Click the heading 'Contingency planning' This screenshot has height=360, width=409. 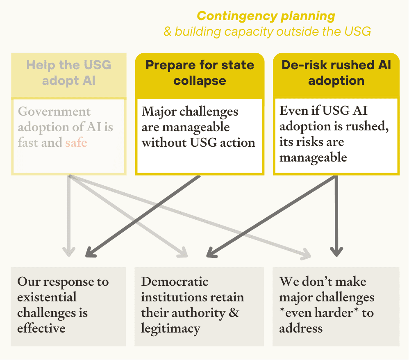click(266, 16)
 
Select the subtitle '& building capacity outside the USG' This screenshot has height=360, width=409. click(267, 32)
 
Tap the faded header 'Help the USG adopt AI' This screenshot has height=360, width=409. click(69, 73)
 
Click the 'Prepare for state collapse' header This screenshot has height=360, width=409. click(200, 73)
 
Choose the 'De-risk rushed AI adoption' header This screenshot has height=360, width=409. click(336, 73)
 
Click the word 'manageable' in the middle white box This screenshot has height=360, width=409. click(186, 127)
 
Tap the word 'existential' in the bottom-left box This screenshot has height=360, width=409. click(47, 297)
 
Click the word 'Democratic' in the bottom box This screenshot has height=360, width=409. click(175, 282)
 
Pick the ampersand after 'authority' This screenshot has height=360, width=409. click(234, 312)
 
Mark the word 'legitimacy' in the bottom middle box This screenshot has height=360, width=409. click(170, 328)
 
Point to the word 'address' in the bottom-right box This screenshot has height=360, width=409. click(301, 328)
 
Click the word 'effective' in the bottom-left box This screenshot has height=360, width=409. click(41, 328)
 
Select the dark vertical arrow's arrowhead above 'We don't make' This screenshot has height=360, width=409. click(336, 251)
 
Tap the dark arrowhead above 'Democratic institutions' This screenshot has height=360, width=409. click(211, 253)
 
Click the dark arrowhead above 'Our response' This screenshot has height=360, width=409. click(91, 253)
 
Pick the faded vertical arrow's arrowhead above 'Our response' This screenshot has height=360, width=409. click(68, 251)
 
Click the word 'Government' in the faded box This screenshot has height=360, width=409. click(55, 112)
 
